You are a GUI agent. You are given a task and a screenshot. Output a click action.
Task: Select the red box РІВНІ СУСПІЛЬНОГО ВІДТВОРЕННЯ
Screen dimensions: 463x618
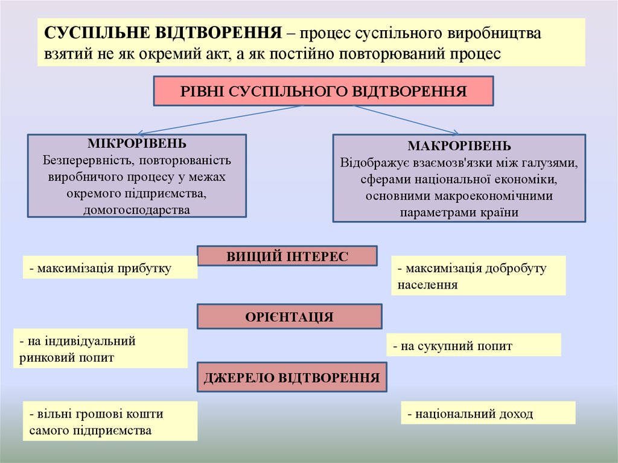click(323, 91)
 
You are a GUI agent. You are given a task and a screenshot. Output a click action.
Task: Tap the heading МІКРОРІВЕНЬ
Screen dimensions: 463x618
click(137, 144)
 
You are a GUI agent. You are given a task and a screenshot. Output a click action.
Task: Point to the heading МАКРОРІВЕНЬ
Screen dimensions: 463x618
click(459, 146)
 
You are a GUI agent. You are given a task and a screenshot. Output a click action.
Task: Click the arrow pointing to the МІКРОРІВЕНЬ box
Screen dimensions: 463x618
click(220, 120)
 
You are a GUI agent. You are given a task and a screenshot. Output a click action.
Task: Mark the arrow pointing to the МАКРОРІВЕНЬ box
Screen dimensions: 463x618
click(406, 120)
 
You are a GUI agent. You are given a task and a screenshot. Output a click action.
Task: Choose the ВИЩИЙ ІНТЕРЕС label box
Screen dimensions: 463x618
click(288, 256)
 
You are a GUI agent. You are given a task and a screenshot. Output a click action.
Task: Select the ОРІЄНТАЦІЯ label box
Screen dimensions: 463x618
click(290, 316)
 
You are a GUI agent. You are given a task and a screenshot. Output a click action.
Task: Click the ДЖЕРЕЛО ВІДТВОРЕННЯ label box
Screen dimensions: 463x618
click(292, 378)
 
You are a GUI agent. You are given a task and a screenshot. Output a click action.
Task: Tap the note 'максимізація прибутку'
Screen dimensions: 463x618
click(110, 267)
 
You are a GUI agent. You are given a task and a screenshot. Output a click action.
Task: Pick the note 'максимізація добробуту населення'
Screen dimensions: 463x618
click(478, 276)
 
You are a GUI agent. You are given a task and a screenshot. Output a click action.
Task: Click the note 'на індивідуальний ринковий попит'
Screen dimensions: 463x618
click(100, 349)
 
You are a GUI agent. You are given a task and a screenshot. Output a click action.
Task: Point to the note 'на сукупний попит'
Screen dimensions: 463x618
click(473, 346)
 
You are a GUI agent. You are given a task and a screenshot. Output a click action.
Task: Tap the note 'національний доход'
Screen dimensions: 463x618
click(487, 414)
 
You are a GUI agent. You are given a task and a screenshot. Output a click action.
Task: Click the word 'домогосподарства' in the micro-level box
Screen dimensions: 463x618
click(137, 209)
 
